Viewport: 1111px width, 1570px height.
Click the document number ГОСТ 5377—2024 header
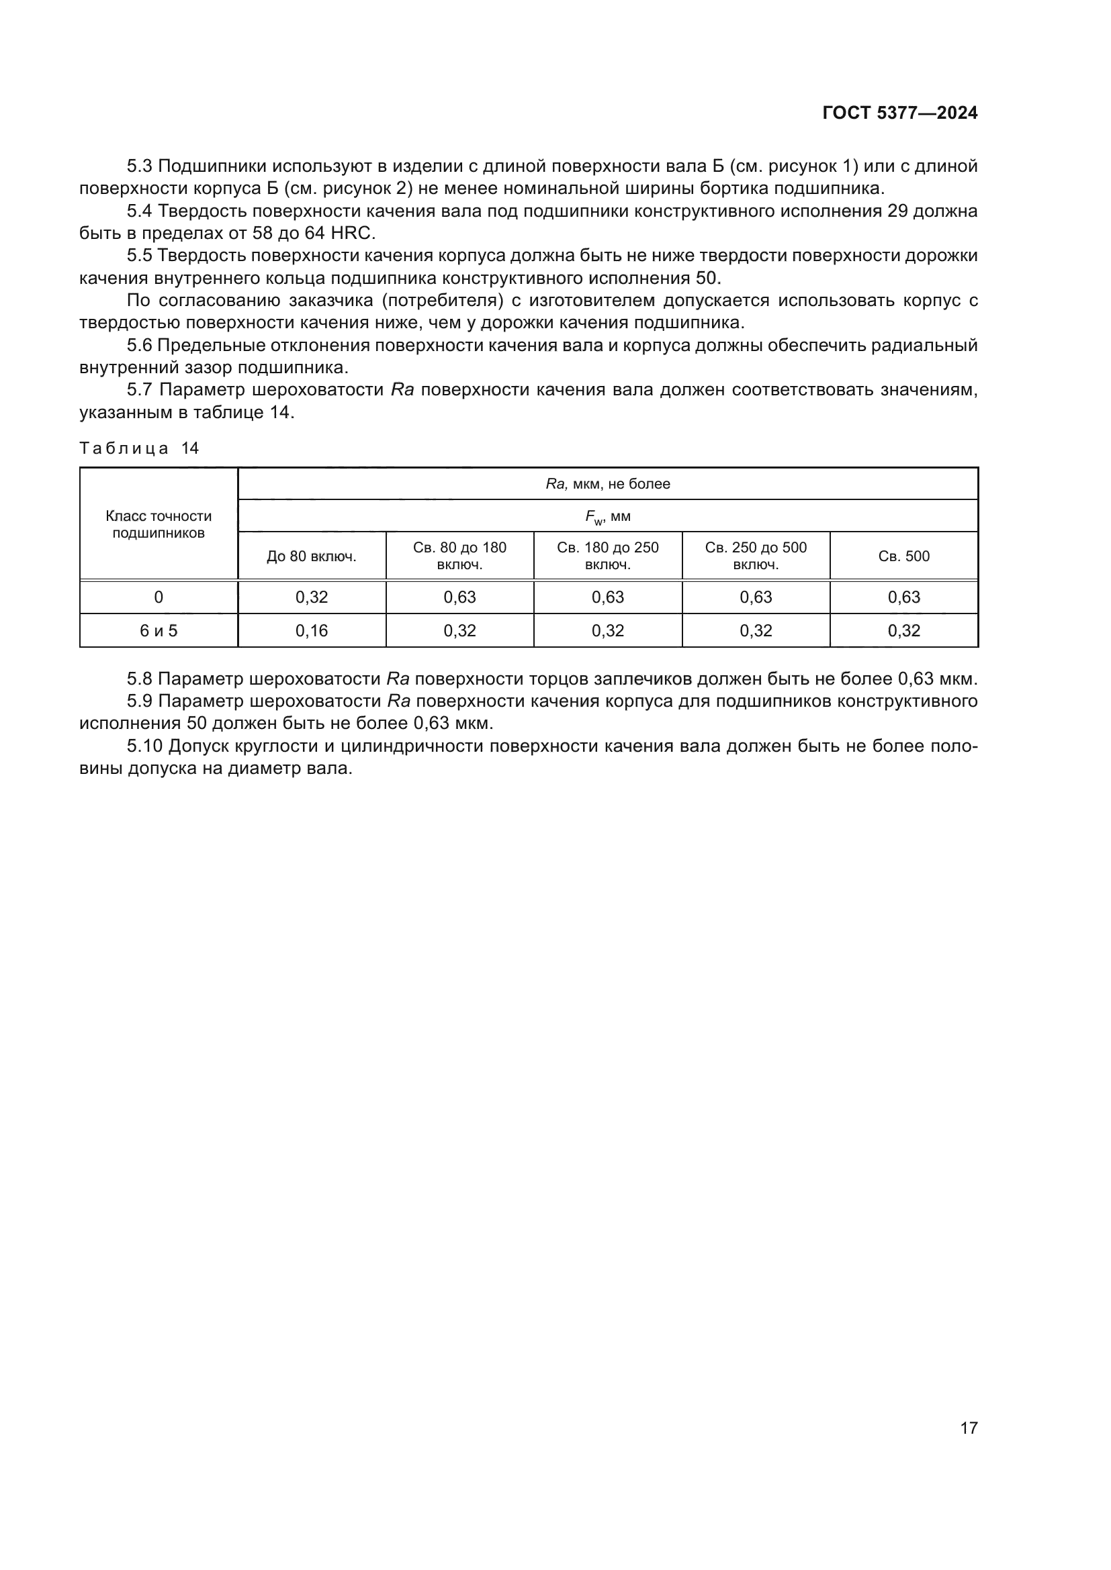(899, 113)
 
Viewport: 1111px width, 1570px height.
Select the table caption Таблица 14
(139, 448)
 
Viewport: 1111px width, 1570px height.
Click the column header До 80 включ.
(311, 556)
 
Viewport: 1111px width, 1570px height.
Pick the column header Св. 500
(903, 556)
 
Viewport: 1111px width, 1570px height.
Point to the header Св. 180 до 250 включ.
(607, 556)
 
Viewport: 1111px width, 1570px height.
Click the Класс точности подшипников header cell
(159, 524)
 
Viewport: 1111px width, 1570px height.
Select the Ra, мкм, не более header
(607, 484)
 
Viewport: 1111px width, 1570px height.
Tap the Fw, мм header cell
(607, 517)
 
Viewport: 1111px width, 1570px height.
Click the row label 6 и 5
(159, 630)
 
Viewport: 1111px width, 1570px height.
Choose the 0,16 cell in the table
(311, 630)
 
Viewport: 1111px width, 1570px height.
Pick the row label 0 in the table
(159, 597)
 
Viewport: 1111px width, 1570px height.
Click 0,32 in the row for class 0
(311, 597)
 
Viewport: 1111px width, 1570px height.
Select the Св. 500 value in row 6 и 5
(903, 630)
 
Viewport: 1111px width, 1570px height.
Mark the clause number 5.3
(140, 167)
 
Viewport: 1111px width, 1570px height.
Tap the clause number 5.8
(140, 679)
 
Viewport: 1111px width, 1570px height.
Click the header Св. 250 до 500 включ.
(756, 556)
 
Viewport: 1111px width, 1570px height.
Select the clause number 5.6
(140, 346)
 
